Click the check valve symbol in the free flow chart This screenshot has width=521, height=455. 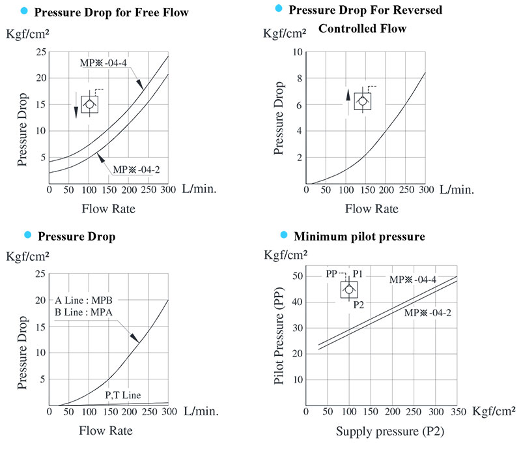(90, 104)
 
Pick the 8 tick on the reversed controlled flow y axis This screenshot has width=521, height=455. (299, 78)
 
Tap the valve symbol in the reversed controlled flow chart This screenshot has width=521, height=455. (363, 102)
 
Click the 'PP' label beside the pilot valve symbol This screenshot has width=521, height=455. (332, 274)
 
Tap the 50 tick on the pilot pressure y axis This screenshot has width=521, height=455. (298, 276)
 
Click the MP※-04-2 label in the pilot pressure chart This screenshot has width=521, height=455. (427, 312)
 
